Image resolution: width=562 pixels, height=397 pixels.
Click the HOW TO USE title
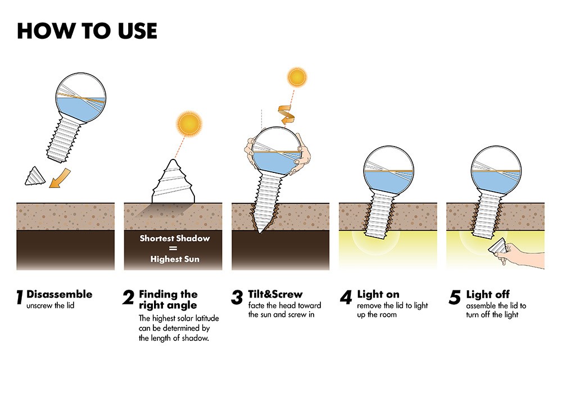click(x=87, y=31)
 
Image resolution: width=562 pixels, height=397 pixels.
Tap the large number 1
click(x=20, y=298)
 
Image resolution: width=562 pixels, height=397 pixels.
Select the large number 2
click(x=129, y=298)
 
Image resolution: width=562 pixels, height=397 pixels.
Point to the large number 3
click(x=237, y=298)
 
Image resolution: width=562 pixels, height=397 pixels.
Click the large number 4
click(x=346, y=298)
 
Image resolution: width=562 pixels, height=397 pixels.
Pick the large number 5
click(x=455, y=298)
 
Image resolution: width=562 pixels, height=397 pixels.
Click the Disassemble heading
click(x=59, y=294)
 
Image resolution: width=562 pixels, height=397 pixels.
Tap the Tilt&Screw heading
click(x=275, y=294)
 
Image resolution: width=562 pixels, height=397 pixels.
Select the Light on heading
click(x=378, y=294)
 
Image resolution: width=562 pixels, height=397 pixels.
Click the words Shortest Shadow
click(x=175, y=238)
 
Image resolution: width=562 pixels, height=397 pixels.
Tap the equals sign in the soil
click(x=175, y=249)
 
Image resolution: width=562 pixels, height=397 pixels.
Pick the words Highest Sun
click(x=175, y=259)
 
